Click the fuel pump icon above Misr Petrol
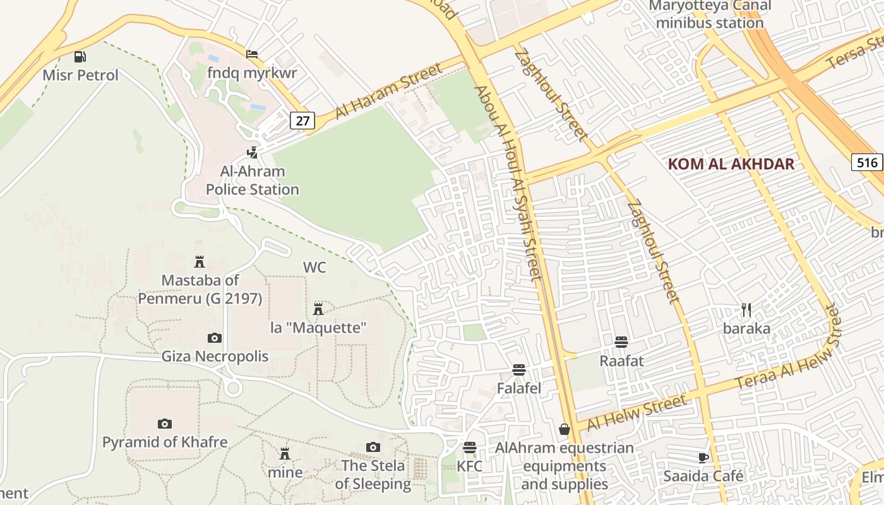click(80, 57)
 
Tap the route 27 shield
click(302, 120)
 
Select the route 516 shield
click(867, 162)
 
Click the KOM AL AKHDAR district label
click(731, 164)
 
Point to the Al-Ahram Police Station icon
click(253, 152)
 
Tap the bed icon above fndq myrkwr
click(252, 54)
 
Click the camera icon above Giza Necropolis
click(215, 338)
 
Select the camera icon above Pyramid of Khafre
click(165, 424)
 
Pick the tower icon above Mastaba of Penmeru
click(200, 261)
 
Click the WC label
click(314, 267)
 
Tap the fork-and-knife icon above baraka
click(746, 310)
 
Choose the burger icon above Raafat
click(621, 342)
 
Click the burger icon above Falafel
click(519, 369)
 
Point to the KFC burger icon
click(469, 448)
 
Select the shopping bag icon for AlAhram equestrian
click(564, 429)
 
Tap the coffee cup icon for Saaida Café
click(703, 458)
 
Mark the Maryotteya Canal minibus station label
click(710, 15)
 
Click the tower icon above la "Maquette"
click(318, 309)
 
